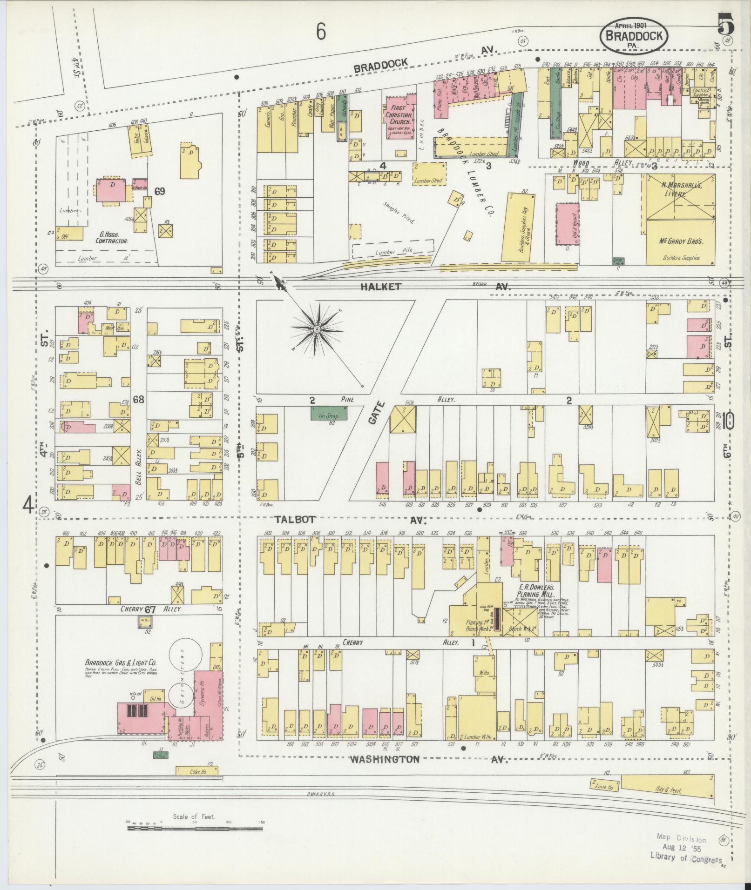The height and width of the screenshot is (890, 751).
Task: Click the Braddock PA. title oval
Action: pos(634,37)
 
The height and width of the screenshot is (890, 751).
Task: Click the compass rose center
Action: pos(317,329)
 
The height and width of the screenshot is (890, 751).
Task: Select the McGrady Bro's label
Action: pos(680,241)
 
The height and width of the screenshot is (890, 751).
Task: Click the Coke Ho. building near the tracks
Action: pos(197,770)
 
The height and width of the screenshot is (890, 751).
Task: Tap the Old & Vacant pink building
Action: pos(567,224)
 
